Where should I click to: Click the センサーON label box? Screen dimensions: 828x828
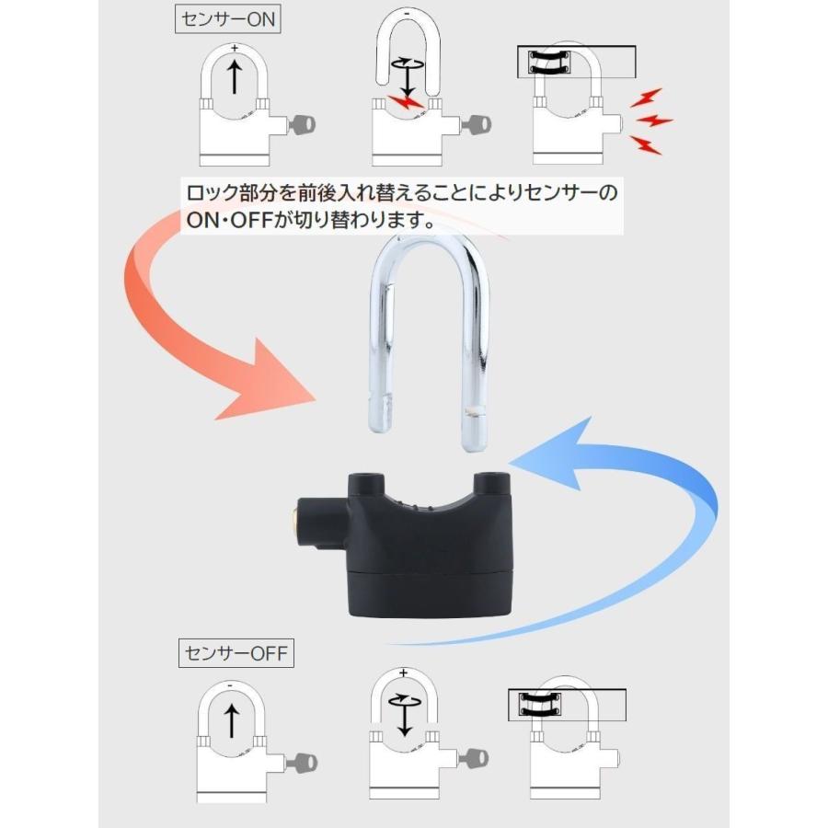coord(227,19)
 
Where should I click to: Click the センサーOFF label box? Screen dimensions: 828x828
coord(236,653)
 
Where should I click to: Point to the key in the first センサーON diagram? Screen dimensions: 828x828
coord(302,125)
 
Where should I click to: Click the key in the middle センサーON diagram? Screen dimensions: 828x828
coord(477,125)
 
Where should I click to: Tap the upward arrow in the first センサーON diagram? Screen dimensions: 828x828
coord(235,76)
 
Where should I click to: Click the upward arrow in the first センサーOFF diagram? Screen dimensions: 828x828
coord(231,721)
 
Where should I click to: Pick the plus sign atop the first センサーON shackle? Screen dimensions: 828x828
coord(235,48)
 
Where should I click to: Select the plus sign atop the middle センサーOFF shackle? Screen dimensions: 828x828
coord(404,673)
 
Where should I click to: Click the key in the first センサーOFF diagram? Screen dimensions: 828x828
coord(304,764)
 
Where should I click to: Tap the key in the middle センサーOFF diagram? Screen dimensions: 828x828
coord(474,759)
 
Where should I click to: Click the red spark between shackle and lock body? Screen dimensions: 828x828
coord(404,102)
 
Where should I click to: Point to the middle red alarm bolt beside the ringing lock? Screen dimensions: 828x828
coord(654,121)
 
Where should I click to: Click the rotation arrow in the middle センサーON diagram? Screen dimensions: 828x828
coord(408,63)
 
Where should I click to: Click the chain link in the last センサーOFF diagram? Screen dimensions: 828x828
coord(539,705)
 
